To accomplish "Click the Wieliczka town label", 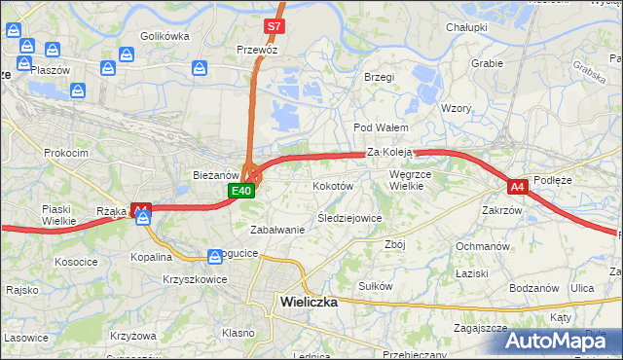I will tap(308, 302).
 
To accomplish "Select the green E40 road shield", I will tap(242, 192).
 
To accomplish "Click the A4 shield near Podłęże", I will tap(517, 185).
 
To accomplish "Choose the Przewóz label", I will tap(259, 48).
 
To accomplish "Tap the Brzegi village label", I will tap(379, 77).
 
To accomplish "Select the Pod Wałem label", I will tap(379, 127).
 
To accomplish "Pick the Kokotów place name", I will tap(332, 185).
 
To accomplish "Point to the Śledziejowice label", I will tap(349, 218).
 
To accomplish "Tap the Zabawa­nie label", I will tap(277, 230).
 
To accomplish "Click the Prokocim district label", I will tap(66, 153).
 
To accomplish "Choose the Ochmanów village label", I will tap(484, 246).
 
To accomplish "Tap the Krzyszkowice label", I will tap(196, 279).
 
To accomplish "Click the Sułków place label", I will tap(375, 286).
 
